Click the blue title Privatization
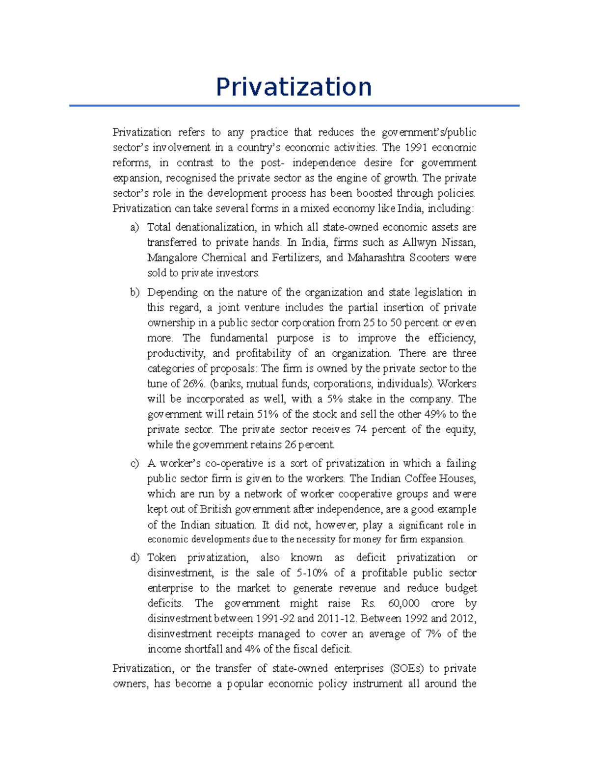pos(294,87)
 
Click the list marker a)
pos(134,227)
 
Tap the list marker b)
pos(134,292)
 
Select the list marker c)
pos(134,464)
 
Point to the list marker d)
pos(134,558)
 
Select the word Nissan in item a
pos(458,242)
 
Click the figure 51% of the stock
pos(268,414)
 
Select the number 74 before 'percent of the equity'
pos(361,429)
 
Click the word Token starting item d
pos(161,558)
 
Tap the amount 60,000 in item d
pos(403,604)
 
